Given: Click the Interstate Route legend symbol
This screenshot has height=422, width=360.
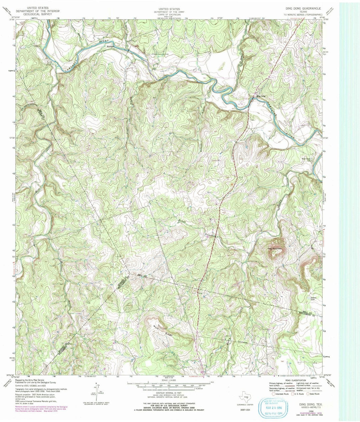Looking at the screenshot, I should (x=274, y=394).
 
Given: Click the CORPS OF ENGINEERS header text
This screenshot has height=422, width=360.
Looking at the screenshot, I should (x=169, y=15).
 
